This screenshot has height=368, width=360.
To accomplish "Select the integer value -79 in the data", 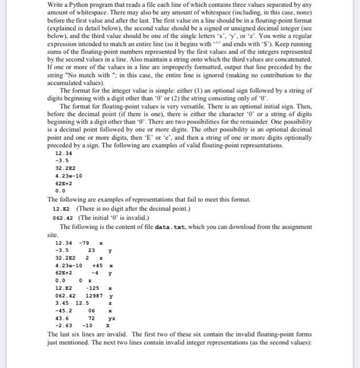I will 83,243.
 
